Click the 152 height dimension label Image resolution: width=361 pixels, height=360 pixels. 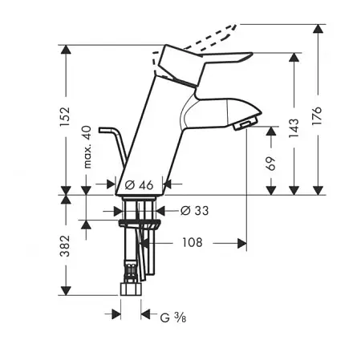(x=65, y=117)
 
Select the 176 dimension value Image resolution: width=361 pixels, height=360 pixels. (x=317, y=115)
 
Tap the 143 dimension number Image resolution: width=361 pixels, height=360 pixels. (x=294, y=128)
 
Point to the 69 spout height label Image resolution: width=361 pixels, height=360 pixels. (x=270, y=164)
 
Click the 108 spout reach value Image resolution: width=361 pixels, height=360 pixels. (x=193, y=242)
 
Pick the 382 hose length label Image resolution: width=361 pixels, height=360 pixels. (x=65, y=246)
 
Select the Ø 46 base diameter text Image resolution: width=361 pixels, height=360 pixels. (x=139, y=185)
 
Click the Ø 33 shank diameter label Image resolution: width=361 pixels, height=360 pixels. (x=194, y=211)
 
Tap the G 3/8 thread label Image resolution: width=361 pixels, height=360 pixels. (x=173, y=318)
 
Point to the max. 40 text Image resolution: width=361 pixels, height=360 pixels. (x=87, y=147)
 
